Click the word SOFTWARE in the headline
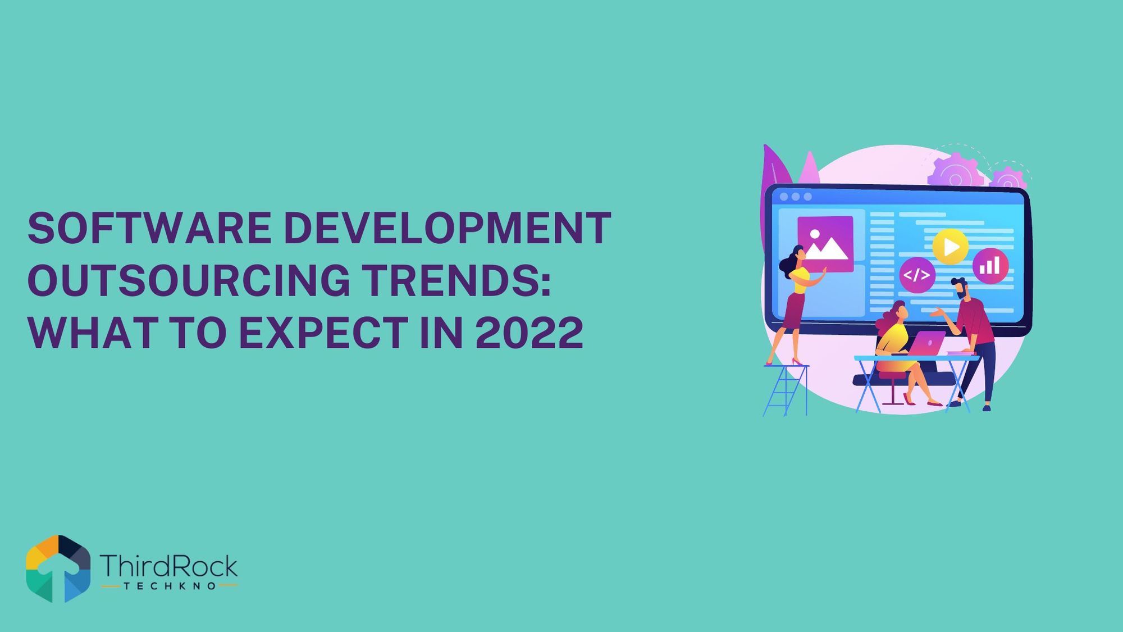coord(150,228)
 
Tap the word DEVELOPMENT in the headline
coord(448,228)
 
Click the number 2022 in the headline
coord(529,333)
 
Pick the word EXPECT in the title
coord(323,333)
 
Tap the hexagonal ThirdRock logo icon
coord(58,569)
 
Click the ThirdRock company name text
coord(168,566)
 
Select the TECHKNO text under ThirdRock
coord(170,586)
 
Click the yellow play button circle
coord(951,247)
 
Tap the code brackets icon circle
coord(917,275)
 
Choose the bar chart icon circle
coord(990,266)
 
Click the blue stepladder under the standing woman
coord(786,390)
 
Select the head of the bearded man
coord(960,288)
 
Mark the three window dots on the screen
coord(796,197)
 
